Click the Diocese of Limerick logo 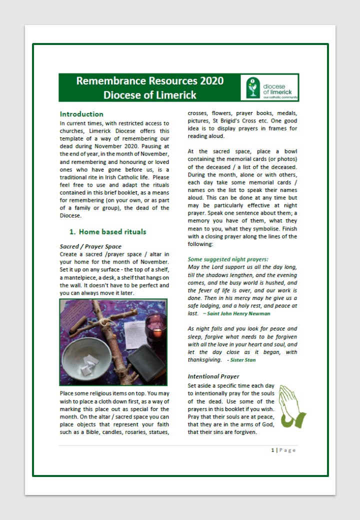(x=269, y=87)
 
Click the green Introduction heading (x=81, y=114)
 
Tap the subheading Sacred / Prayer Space (x=90, y=246)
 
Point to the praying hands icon (x=291, y=406)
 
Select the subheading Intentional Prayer (x=213, y=376)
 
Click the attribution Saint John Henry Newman (x=238, y=313)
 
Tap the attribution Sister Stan (x=243, y=359)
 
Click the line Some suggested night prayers (x=228, y=259)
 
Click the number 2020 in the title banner (x=211, y=81)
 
